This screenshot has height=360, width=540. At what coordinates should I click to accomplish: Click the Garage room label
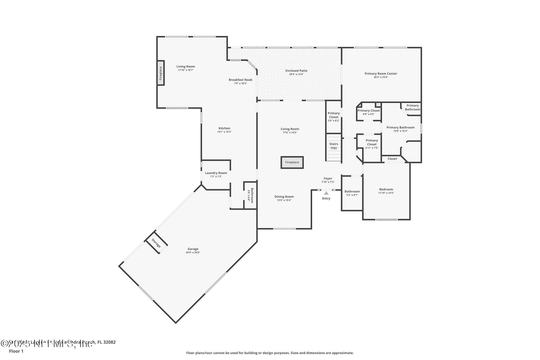[193, 249]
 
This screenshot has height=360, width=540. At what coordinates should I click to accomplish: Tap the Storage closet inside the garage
[156, 243]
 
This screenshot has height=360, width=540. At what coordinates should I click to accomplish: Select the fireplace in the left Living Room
[161, 73]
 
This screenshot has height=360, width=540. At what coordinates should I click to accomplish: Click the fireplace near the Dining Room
[292, 162]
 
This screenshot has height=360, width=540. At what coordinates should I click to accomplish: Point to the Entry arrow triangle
[326, 193]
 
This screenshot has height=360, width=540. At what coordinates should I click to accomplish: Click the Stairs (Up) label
[334, 146]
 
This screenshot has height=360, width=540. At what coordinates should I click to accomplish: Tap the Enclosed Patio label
[296, 71]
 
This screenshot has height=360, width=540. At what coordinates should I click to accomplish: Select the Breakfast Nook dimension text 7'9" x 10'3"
[240, 83]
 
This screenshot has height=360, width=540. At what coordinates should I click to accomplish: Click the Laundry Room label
[216, 173]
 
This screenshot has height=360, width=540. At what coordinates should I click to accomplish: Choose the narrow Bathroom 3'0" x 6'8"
[250, 195]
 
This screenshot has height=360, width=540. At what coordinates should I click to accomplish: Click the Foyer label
[328, 179]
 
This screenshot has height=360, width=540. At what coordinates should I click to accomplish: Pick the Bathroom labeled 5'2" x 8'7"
[352, 193]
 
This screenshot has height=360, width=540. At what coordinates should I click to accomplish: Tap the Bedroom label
[386, 189]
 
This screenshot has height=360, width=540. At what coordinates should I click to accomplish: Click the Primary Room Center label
[381, 74]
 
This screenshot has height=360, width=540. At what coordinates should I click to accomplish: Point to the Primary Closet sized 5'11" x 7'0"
[372, 144]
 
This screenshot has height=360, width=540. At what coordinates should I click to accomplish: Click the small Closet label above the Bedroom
[392, 159]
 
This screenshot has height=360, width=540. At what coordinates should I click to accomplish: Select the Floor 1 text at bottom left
[16, 351]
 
